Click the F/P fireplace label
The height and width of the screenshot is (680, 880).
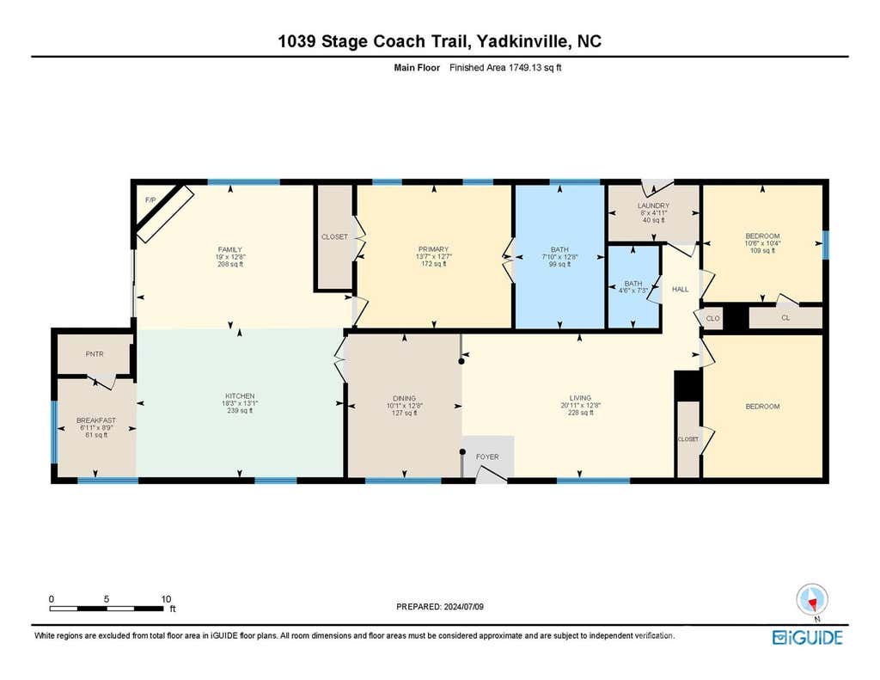click(150, 200)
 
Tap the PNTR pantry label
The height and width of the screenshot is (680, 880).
click(95, 354)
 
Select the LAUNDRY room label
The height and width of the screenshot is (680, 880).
click(653, 206)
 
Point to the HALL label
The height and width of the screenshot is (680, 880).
click(681, 289)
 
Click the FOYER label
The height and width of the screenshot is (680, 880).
click(487, 456)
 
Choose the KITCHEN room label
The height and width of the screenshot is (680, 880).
click(241, 395)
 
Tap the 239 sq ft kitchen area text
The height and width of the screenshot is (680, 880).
click(240, 410)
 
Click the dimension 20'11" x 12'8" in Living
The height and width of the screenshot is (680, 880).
click(580, 405)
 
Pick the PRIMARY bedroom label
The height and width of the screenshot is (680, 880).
click(433, 249)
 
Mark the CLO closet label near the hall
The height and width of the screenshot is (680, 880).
click(712, 318)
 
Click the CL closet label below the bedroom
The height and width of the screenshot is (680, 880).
click(785, 318)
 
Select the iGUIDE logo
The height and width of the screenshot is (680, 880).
click(808, 637)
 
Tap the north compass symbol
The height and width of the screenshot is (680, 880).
click(812, 600)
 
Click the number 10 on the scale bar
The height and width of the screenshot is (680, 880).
click(166, 599)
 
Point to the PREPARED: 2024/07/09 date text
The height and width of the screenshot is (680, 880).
click(440, 606)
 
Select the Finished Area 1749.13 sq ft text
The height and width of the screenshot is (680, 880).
click(505, 67)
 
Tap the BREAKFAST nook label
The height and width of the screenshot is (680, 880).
click(96, 420)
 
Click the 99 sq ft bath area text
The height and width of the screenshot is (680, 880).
click(559, 264)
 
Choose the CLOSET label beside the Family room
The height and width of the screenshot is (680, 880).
click(334, 237)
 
